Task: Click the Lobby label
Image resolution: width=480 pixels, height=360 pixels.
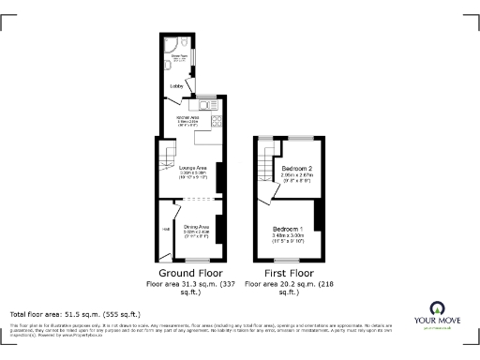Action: tap(175, 86)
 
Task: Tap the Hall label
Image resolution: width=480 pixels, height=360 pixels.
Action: tap(165, 230)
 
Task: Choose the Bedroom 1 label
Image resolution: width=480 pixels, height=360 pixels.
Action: tap(288, 230)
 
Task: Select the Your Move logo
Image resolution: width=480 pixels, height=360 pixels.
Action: tap(437, 314)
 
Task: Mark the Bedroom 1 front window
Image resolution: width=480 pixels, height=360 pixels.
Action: tap(288, 260)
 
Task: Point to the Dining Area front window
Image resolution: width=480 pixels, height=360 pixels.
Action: tap(196, 260)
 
